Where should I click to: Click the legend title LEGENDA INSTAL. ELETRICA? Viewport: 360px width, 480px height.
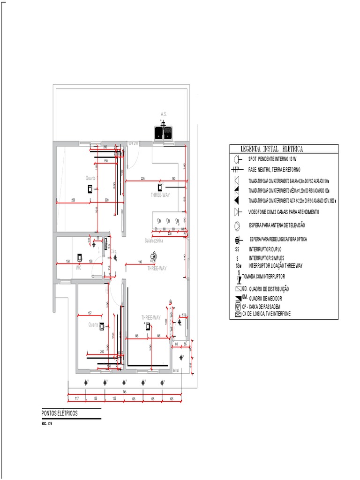(x=271, y=149)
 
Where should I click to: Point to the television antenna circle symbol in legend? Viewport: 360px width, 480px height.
(x=237, y=225)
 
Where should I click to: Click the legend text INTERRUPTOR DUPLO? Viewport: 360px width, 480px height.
(x=266, y=249)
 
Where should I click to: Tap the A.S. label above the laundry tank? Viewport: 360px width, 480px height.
(x=164, y=114)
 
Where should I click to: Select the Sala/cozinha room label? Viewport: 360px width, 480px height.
(x=154, y=240)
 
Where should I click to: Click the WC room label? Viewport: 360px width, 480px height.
(x=79, y=268)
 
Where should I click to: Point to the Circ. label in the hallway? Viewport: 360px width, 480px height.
(x=113, y=251)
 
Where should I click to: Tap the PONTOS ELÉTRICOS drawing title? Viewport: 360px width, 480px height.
(x=60, y=413)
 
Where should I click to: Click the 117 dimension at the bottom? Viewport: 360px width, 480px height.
(x=76, y=398)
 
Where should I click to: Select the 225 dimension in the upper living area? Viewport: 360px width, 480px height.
(x=142, y=179)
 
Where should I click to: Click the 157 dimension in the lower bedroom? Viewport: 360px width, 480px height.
(x=90, y=313)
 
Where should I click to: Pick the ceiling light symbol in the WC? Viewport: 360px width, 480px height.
(x=80, y=257)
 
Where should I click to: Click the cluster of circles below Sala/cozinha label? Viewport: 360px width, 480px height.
(x=153, y=256)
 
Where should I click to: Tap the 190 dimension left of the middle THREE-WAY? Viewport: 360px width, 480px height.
(x=139, y=262)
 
